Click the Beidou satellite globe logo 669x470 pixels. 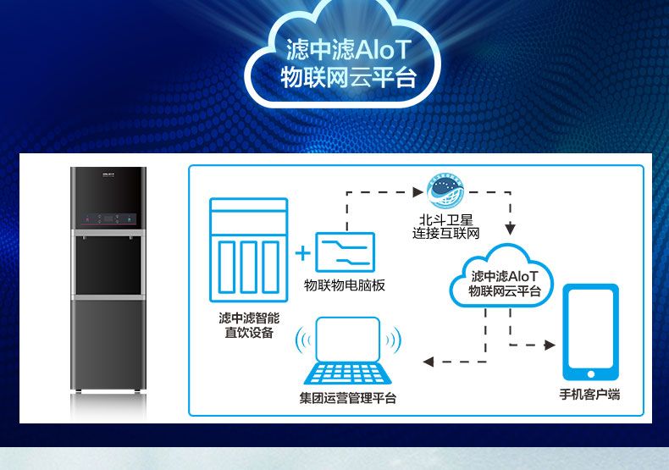(x=445, y=191)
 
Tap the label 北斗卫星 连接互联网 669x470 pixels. (x=445, y=226)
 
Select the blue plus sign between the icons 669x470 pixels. (x=302, y=253)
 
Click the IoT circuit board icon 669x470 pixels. (x=345, y=252)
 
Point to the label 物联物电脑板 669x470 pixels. (x=345, y=285)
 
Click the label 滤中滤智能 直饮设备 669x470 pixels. (x=249, y=325)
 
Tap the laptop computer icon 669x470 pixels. (x=348, y=351)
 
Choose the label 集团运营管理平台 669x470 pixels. (x=348, y=398)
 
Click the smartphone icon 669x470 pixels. (x=590, y=332)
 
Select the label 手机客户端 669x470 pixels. (x=589, y=394)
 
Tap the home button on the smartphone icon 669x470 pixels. (x=591, y=374)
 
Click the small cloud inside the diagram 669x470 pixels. (x=502, y=276)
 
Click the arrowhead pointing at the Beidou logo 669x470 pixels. (x=418, y=192)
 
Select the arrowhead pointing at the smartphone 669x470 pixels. (x=550, y=345)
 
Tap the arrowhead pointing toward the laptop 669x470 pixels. (x=428, y=362)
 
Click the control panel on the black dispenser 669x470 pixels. (x=108, y=219)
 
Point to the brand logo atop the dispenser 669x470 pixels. (x=108, y=174)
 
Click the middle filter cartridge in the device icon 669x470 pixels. (x=248, y=268)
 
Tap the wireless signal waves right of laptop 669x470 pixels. (x=395, y=340)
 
